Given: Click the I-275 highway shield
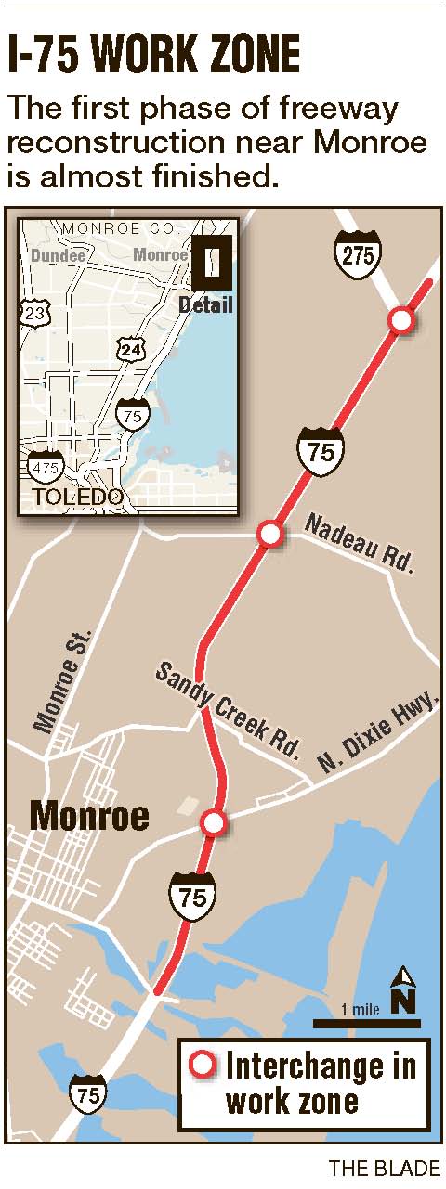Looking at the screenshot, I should tap(358, 252).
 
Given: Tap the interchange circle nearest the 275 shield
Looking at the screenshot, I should tap(401, 320).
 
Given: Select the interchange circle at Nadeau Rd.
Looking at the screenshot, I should tap(269, 534).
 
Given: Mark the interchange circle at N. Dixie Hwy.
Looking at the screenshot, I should tap(214, 822).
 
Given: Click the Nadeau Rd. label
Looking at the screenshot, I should tap(358, 544).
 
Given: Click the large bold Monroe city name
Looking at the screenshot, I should tap(89, 816).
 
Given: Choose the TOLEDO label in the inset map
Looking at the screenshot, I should tap(78, 497).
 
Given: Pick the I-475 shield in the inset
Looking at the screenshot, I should tap(43, 466).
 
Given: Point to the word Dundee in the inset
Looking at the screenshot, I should tap(58, 255).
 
